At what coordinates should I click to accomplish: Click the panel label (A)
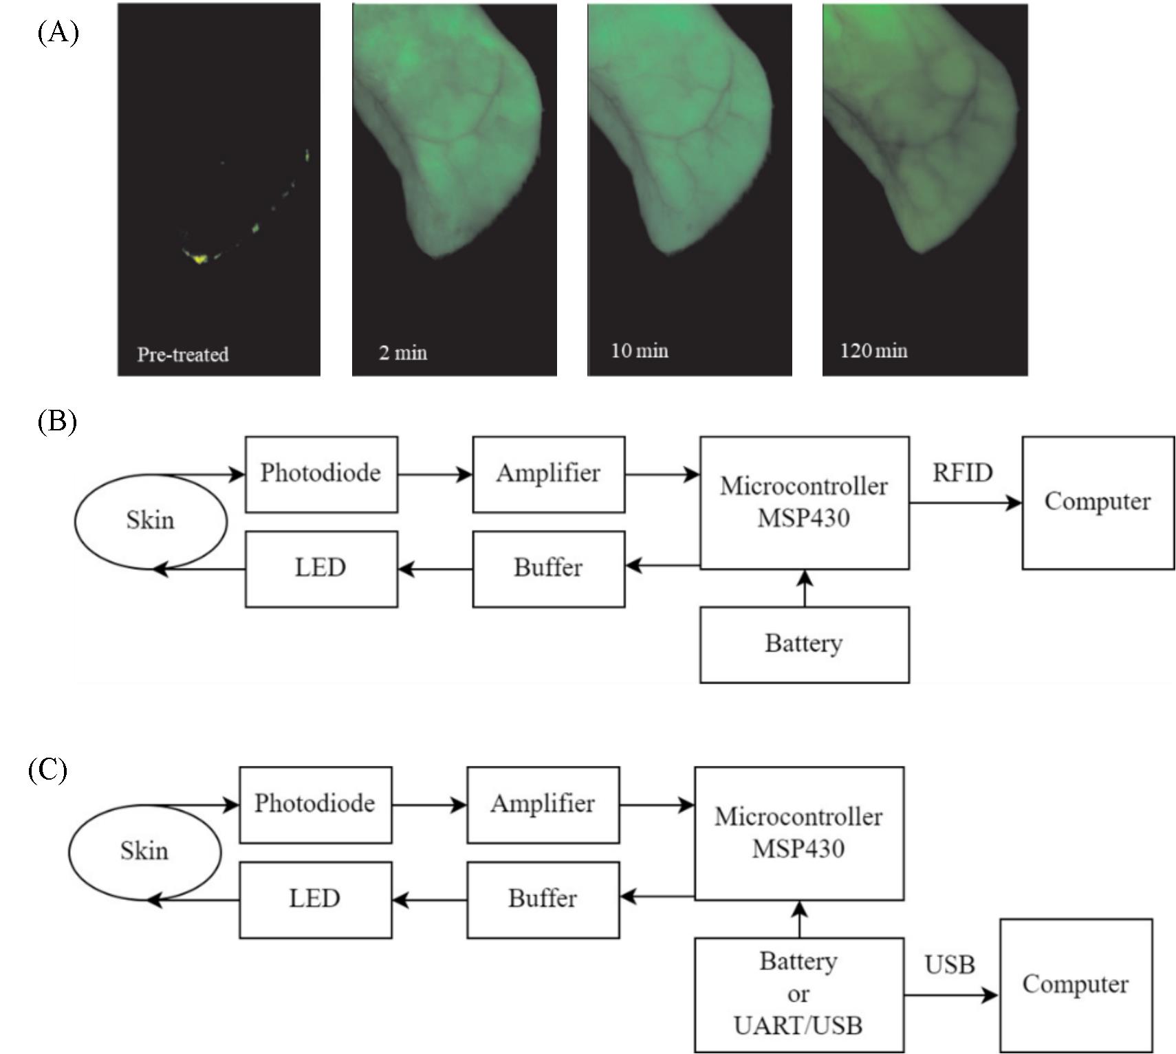(x=58, y=32)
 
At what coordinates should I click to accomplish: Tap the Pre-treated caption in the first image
(x=182, y=355)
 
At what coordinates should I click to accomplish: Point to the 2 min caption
(x=402, y=353)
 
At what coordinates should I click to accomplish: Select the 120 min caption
(x=873, y=351)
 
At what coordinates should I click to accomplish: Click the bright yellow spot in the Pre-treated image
(x=199, y=259)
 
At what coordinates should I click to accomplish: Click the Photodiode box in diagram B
(x=321, y=474)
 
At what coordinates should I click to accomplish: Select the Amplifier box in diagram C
(x=543, y=804)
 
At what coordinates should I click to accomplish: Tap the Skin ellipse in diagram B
(x=150, y=521)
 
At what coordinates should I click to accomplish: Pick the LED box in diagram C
(x=315, y=899)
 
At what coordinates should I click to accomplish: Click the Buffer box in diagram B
(x=548, y=569)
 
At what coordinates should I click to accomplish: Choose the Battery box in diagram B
(x=804, y=644)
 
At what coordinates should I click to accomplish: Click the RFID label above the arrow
(x=962, y=473)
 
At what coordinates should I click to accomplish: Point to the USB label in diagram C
(x=950, y=965)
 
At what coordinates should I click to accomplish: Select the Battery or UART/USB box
(x=798, y=994)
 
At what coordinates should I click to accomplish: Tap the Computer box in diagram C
(x=1076, y=985)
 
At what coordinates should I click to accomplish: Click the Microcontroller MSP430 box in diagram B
(x=804, y=503)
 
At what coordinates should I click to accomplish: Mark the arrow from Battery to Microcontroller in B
(x=805, y=589)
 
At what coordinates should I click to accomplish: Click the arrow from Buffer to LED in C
(x=429, y=899)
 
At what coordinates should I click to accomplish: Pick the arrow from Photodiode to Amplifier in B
(x=435, y=474)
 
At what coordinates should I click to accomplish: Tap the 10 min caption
(x=640, y=351)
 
